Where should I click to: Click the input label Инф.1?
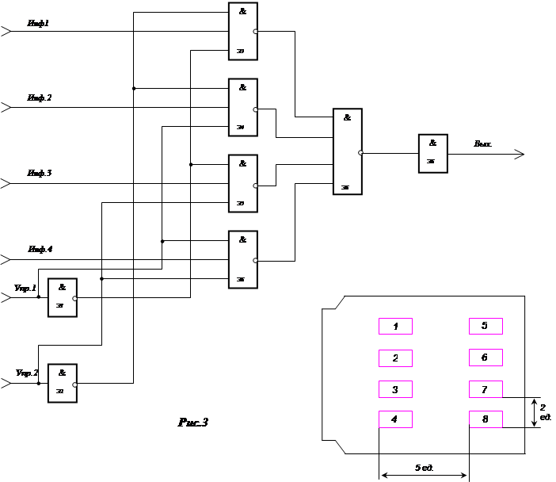pyautogui.click(x=38, y=24)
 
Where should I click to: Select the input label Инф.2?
pyautogui.click(x=39, y=98)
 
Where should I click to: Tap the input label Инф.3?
pyautogui.click(x=39, y=172)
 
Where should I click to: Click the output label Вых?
pyautogui.click(x=483, y=144)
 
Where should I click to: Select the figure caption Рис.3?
pyautogui.click(x=192, y=423)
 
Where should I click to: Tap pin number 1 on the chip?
pyautogui.click(x=395, y=326)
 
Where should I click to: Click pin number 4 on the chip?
pyautogui.click(x=395, y=419)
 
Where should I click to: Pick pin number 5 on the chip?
pyautogui.click(x=486, y=326)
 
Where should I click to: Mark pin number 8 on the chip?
pyautogui.click(x=486, y=419)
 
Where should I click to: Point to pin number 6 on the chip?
pyautogui.click(x=486, y=358)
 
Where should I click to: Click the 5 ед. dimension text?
pyautogui.click(x=424, y=467)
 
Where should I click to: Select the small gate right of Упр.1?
pyautogui.click(x=62, y=298)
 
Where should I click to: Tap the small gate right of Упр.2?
pyautogui.click(x=63, y=383)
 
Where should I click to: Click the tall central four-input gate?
pyautogui.click(x=347, y=151)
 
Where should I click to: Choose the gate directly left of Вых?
pyautogui.click(x=432, y=154)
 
